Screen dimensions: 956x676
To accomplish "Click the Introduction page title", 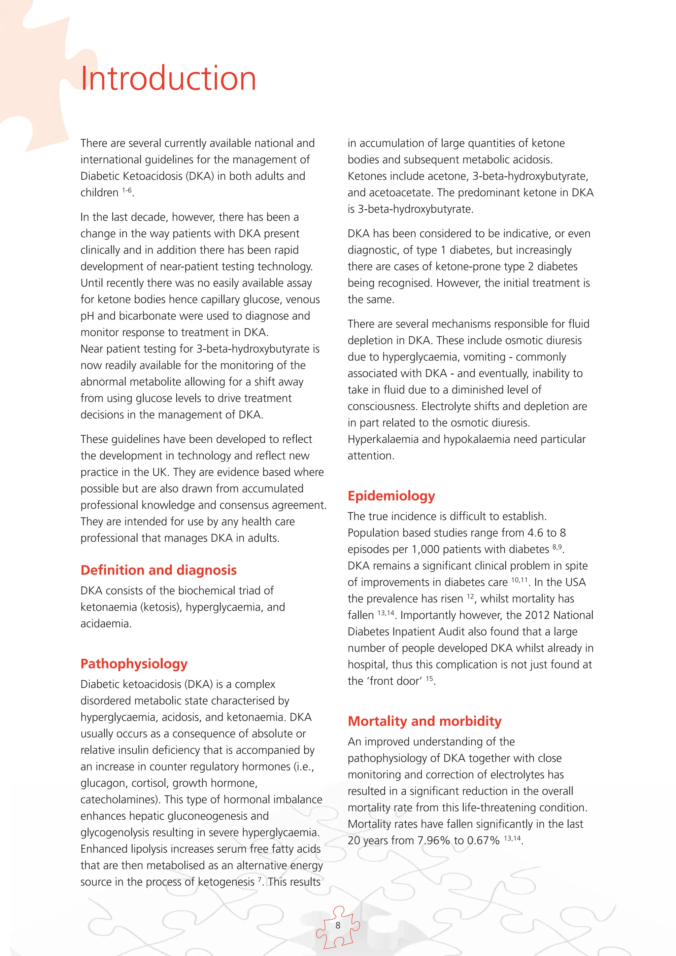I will point(168,78).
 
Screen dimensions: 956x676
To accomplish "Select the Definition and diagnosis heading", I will point(158,570).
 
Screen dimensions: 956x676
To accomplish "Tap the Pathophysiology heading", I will point(134,664).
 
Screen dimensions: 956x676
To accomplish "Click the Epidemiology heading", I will point(391,496).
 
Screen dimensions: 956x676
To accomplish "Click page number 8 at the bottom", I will point(338,925).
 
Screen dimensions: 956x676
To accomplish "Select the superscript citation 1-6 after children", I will point(126,190).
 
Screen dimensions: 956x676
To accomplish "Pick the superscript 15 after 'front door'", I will point(429,678).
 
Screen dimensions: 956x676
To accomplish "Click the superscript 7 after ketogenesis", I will point(260,879).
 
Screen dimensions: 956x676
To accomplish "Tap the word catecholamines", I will point(118,800).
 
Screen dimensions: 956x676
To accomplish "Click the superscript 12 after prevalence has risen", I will point(470,596).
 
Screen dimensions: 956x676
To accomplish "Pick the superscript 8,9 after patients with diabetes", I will point(557,547).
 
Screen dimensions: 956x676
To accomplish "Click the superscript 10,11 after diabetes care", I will point(519,580).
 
